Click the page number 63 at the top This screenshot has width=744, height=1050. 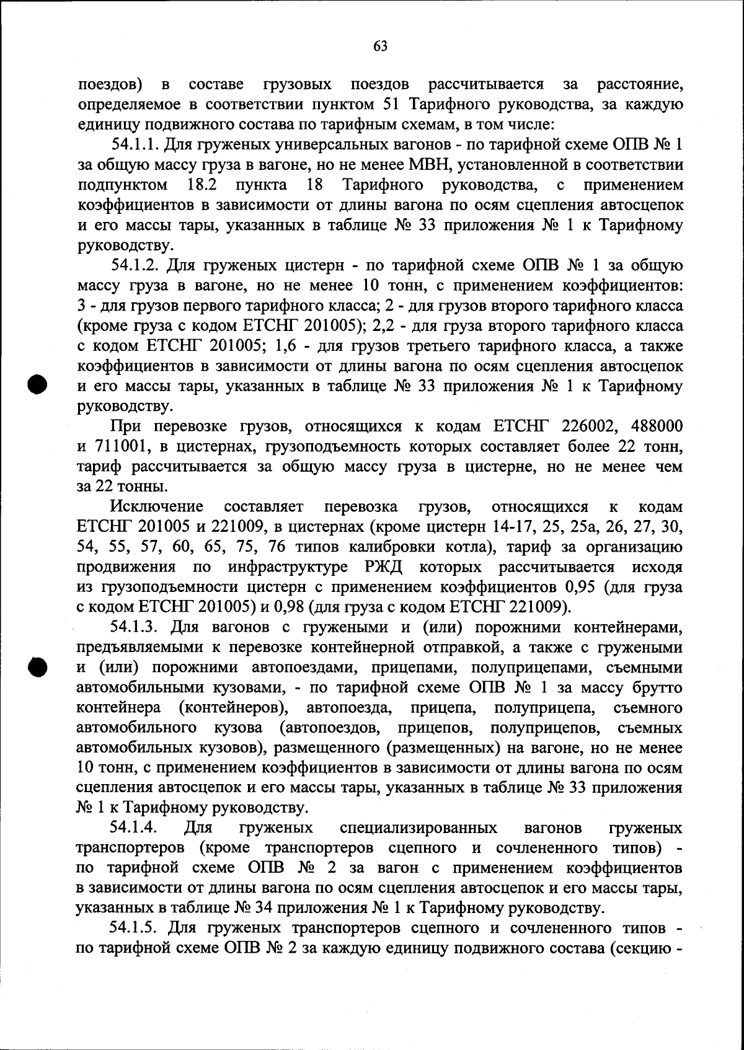(381, 45)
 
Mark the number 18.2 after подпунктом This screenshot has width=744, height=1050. (201, 185)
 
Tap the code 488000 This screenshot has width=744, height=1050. (657, 426)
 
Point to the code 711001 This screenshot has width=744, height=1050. (122, 446)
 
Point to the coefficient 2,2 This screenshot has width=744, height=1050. (386, 325)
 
